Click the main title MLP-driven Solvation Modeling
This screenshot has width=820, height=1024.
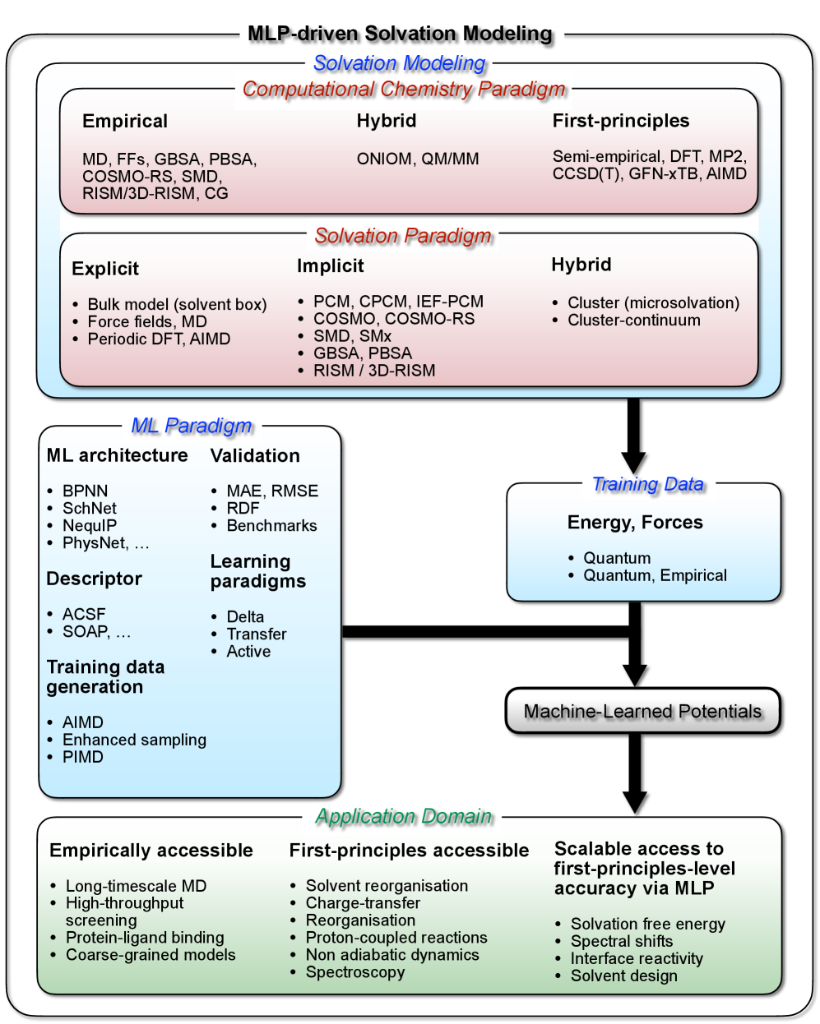point(400,34)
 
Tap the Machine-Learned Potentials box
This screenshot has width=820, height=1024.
point(642,711)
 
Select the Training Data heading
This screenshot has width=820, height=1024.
point(648,484)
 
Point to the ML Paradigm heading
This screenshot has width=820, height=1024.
point(192,426)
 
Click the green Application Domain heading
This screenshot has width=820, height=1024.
point(404,816)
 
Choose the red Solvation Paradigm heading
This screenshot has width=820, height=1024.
point(403,236)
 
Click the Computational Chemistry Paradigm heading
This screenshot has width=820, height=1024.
point(404,89)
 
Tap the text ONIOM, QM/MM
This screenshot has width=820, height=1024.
point(418,159)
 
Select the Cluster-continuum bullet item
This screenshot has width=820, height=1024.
point(634,321)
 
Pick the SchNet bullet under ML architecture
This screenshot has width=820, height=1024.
point(90,509)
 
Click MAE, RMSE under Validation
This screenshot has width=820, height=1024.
point(272,491)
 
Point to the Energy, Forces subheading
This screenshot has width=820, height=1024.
point(635,523)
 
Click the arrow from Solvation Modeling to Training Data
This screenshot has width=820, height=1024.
point(633,436)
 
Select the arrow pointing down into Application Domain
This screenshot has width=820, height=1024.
point(634,773)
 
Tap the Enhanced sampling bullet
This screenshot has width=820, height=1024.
point(134,740)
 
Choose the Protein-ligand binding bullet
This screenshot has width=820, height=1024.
point(145,938)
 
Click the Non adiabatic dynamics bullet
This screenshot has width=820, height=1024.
point(392,955)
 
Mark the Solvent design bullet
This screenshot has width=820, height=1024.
point(624,976)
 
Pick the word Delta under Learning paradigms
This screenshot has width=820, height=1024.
point(245,617)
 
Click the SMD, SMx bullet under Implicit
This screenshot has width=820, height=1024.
point(352,336)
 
